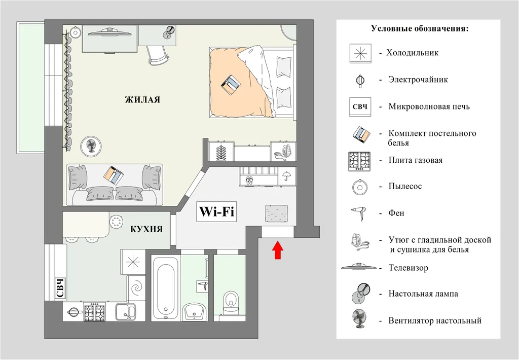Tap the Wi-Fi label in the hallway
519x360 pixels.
[x=217, y=211]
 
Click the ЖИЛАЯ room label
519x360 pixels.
[x=142, y=100]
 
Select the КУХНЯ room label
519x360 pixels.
[x=146, y=229]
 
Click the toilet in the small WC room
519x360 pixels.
[x=230, y=301]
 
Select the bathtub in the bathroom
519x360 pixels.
[x=166, y=286]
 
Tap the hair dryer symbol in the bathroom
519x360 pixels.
[x=202, y=285]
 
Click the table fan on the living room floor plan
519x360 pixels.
[x=92, y=145]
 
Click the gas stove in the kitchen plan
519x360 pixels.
[x=94, y=311]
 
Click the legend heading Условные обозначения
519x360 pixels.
[x=420, y=29]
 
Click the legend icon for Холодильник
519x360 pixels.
[x=361, y=53]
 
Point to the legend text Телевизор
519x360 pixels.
[x=408, y=268]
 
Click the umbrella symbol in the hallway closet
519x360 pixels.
[x=286, y=175]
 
